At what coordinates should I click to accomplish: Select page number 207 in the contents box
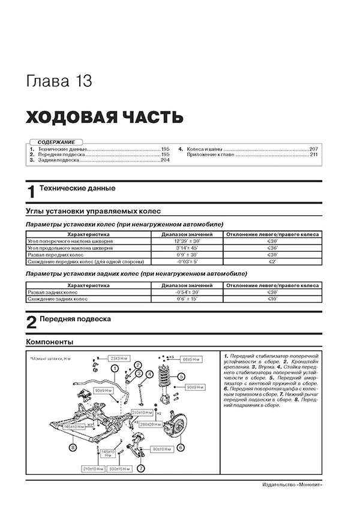pos(310,148)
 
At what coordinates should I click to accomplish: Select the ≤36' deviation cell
pos(272,248)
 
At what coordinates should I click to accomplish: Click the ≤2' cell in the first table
pos(272,262)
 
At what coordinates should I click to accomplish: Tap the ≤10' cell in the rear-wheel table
pos(272,299)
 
